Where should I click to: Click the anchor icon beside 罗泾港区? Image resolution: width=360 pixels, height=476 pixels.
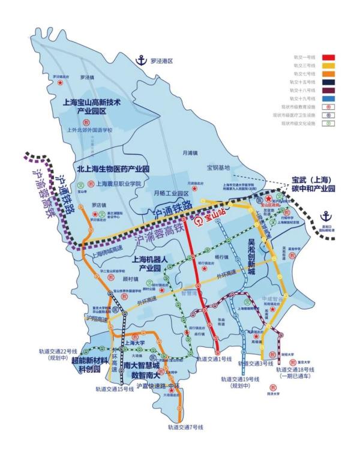coord(142,60)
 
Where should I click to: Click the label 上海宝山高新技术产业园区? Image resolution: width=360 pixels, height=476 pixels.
coord(92,107)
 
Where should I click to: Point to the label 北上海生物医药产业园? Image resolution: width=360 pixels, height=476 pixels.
coord(113,169)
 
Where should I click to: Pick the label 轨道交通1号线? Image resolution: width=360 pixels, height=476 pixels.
coord(214,359)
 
